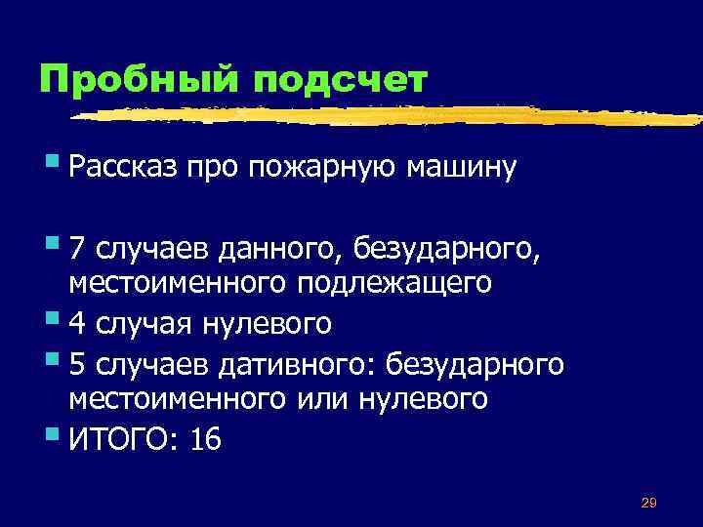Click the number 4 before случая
(79, 321)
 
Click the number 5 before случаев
(79, 365)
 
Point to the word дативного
(299, 365)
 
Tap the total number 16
(206, 440)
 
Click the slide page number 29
(648, 503)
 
